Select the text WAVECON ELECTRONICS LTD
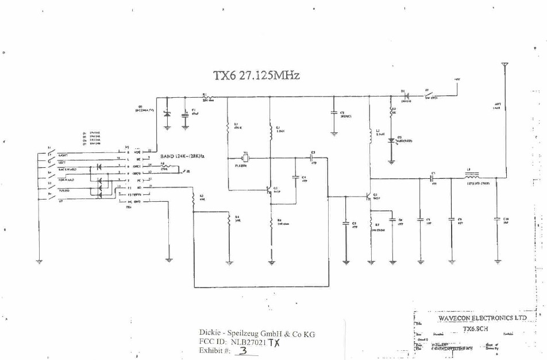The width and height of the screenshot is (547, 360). point(482,317)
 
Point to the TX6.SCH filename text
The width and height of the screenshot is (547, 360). point(476,328)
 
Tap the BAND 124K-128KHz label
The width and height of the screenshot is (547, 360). point(183,156)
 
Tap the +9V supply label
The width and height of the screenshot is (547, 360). point(457,79)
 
